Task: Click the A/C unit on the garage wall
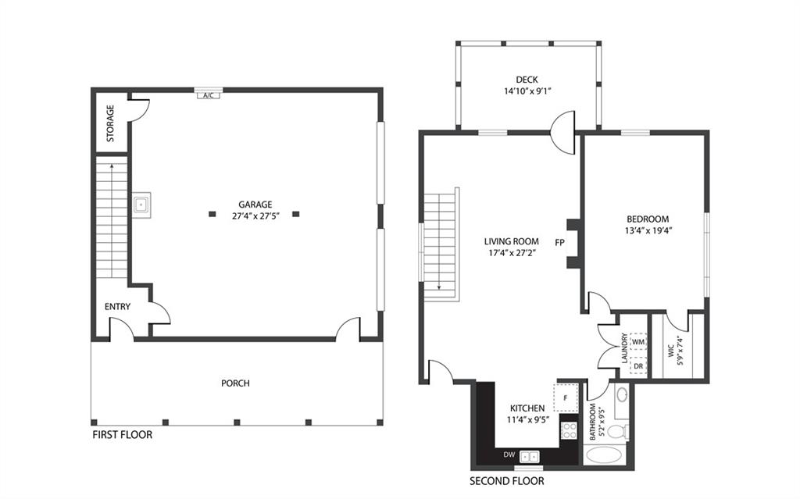208,95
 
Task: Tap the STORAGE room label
110,123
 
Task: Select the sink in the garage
141,205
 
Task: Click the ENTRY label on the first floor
117,307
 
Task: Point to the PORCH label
235,383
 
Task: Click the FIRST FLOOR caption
123,435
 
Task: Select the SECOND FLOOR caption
506,480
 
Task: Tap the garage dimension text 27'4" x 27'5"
255,216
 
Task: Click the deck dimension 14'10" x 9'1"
527,91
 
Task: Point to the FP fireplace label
559,243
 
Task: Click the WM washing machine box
638,342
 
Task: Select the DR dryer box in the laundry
638,365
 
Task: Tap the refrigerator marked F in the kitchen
566,397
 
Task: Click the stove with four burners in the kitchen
569,430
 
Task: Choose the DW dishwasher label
509,454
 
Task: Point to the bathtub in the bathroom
607,455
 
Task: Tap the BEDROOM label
648,219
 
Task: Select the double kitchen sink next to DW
530,455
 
